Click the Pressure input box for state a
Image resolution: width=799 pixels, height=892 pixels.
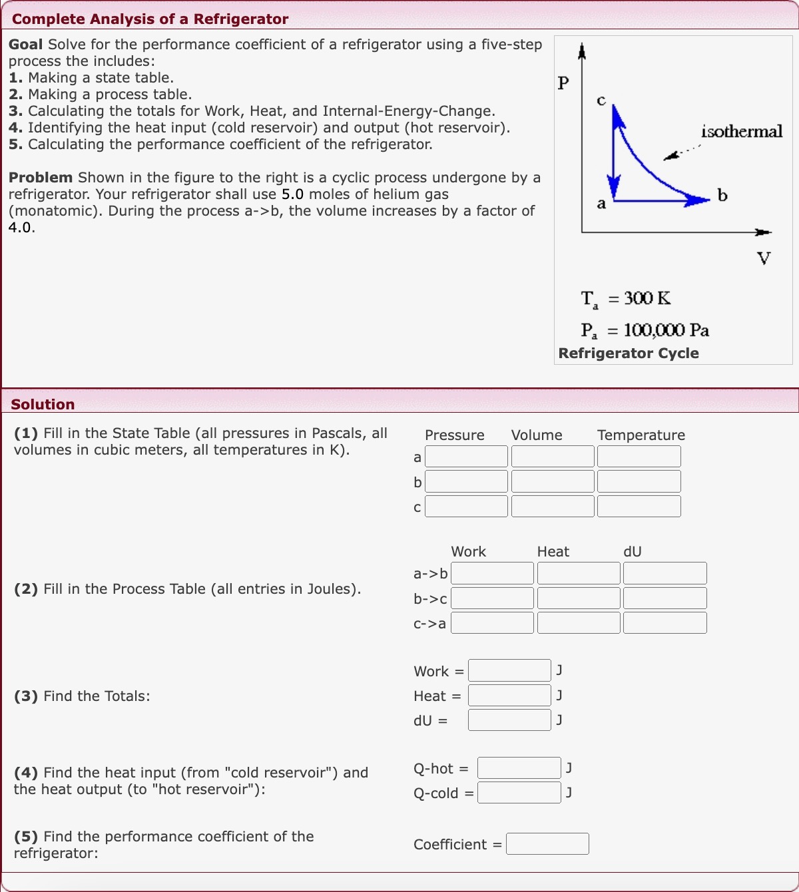coord(466,457)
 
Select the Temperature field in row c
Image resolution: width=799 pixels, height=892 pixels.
coord(639,507)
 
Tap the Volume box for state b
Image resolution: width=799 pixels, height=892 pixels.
coord(552,481)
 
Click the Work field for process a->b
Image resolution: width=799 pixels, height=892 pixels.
coord(492,573)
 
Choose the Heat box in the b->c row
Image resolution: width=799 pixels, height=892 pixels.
coord(578,598)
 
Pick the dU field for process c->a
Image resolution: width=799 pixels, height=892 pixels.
coord(665,623)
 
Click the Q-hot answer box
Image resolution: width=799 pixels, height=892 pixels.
coord(519,768)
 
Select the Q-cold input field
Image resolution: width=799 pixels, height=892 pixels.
coord(519,793)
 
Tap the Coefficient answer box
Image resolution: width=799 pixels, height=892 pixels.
coord(547,844)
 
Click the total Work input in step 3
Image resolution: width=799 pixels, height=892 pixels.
coord(509,670)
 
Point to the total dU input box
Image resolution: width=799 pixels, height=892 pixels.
coord(509,720)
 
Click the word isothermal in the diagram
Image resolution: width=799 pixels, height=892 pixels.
coord(742,131)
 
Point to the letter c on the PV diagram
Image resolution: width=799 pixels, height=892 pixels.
coord(601,100)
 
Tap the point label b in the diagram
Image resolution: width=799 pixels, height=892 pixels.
coord(722,195)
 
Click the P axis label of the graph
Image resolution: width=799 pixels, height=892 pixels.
coord(563,83)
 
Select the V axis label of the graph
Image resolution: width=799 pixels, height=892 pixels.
coord(764,258)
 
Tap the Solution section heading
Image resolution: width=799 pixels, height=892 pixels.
coord(43,405)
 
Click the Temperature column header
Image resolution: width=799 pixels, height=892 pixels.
coord(641,435)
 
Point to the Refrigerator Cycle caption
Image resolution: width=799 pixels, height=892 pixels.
coord(629,353)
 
